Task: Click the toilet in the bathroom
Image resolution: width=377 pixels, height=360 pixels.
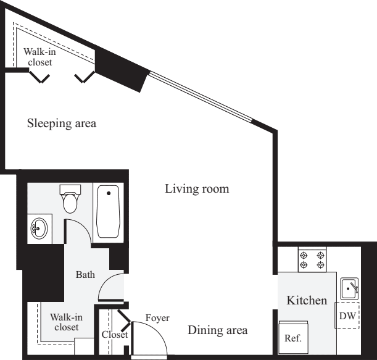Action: [x=70, y=199]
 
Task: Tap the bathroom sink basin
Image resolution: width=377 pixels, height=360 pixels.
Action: [x=39, y=228]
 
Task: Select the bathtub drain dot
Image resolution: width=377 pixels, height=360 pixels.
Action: [x=109, y=193]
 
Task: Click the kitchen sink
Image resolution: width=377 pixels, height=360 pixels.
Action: [x=349, y=288]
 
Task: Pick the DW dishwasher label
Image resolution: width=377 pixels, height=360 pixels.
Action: [x=347, y=316]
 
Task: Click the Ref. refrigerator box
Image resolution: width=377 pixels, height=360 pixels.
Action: [x=293, y=337]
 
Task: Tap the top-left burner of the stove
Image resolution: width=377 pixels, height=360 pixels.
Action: [x=304, y=255]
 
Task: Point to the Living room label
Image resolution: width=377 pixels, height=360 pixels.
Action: [x=197, y=189]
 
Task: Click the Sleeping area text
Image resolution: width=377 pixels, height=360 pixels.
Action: [x=62, y=123]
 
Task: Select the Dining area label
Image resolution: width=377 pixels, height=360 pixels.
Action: [x=218, y=330]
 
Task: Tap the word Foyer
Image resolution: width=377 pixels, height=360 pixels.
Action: [x=157, y=318]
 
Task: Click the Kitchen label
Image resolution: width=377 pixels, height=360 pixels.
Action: [x=307, y=300]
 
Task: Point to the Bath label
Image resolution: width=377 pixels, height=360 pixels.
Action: [x=85, y=275]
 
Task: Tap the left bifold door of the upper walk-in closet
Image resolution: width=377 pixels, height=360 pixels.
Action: [x=39, y=77]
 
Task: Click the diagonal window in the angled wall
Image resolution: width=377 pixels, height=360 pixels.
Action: [x=201, y=97]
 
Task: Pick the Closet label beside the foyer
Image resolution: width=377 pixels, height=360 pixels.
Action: [x=115, y=335]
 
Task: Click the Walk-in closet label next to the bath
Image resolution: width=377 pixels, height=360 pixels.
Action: [x=67, y=322]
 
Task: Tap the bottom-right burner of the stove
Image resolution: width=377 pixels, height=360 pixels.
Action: [x=321, y=265]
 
